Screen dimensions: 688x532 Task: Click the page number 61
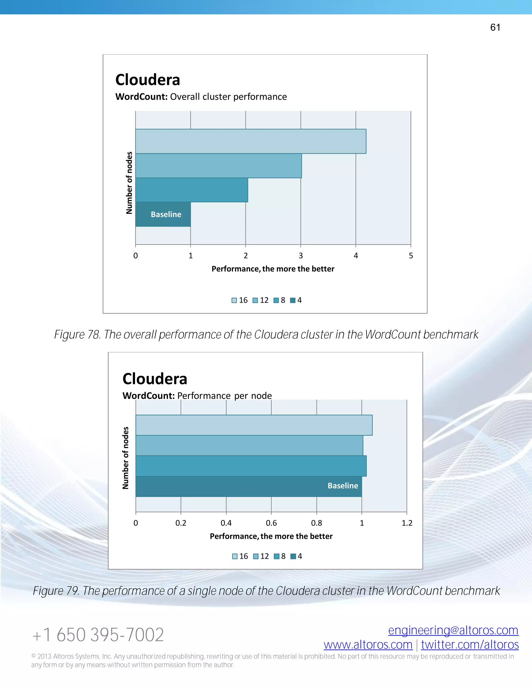tap(495, 28)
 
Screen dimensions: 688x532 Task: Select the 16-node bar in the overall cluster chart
tap(251, 141)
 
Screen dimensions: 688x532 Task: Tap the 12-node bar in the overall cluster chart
tap(218, 166)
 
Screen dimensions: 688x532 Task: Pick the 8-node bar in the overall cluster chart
tap(192, 190)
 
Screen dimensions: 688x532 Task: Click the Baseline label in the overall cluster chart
tap(166, 214)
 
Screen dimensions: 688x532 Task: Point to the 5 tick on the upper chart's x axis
tap(411, 255)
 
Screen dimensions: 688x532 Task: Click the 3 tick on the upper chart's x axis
tap(301, 255)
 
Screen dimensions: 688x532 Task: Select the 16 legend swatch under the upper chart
tap(234, 300)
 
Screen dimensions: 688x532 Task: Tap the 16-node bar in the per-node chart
tap(254, 425)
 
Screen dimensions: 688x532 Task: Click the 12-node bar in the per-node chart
tap(249, 446)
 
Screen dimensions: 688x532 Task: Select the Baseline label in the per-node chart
tap(343, 485)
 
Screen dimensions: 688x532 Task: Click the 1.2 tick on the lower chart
tap(407, 523)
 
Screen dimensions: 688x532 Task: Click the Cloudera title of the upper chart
tap(148, 80)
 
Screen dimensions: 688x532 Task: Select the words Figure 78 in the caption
tap(77, 335)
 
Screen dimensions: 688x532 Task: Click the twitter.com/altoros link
tap(470, 645)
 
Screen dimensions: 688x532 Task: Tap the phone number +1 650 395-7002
tap(98, 635)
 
